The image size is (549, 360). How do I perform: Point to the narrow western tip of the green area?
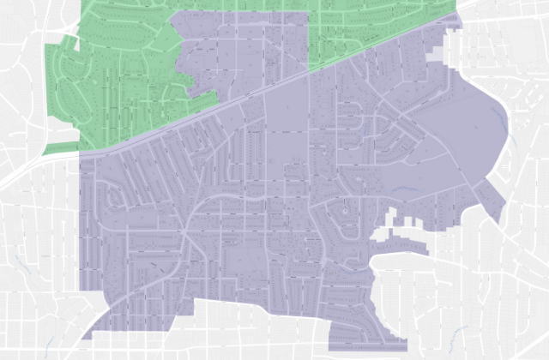tap(51, 150)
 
